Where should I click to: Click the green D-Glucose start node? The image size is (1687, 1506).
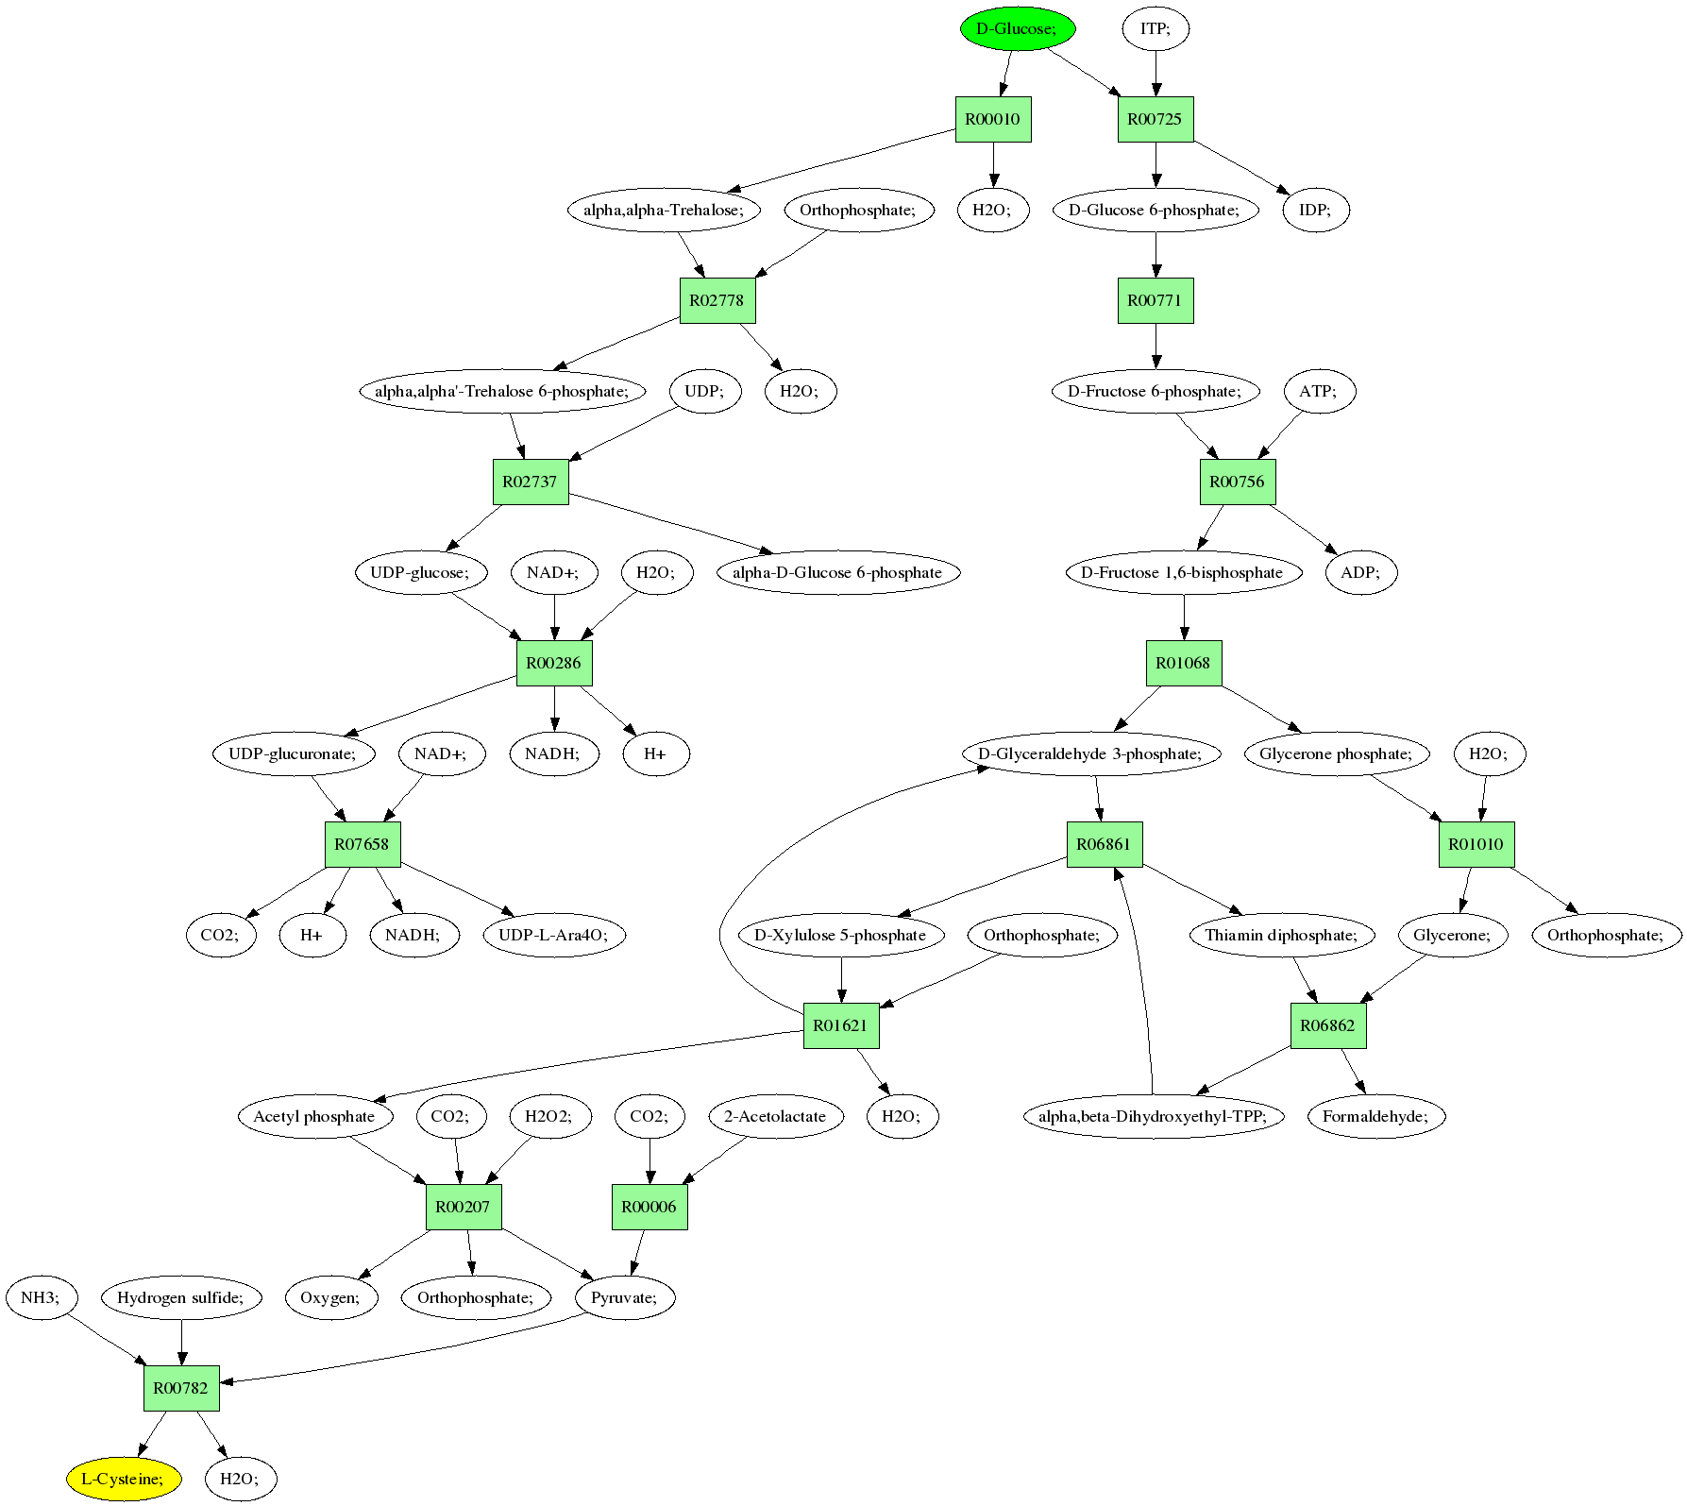click(x=1017, y=28)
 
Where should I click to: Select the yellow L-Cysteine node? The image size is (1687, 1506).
click(x=123, y=1479)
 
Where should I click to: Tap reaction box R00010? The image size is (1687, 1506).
click(x=992, y=119)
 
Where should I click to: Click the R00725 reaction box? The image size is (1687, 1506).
click(x=1155, y=119)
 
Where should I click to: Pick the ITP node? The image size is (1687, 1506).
click(x=1155, y=28)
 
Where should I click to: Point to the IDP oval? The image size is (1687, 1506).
click(x=1315, y=210)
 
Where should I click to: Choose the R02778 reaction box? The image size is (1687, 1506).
click(x=717, y=300)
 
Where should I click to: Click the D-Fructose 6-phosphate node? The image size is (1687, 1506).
click(x=1155, y=391)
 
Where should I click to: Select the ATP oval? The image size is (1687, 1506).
click(x=1318, y=391)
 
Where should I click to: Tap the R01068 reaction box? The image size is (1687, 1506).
click(x=1183, y=663)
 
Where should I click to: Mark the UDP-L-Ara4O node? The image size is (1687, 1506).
click(x=553, y=935)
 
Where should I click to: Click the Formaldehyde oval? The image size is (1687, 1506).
click(x=1375, y=1116)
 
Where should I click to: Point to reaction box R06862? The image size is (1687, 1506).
click(x=1327, y=1025)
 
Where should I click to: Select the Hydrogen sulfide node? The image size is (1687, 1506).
click(x=180, y=1297)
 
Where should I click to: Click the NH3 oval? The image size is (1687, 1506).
click(x=40, y=1297)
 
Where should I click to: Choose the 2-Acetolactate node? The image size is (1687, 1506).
click(x=775, y=1116)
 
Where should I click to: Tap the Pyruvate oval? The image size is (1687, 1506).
click(x=623, y=1297)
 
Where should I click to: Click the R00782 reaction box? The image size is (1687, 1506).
click(x=180, y=1388)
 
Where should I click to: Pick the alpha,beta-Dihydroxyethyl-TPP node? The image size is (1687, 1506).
click(x=1153, y=1116)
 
